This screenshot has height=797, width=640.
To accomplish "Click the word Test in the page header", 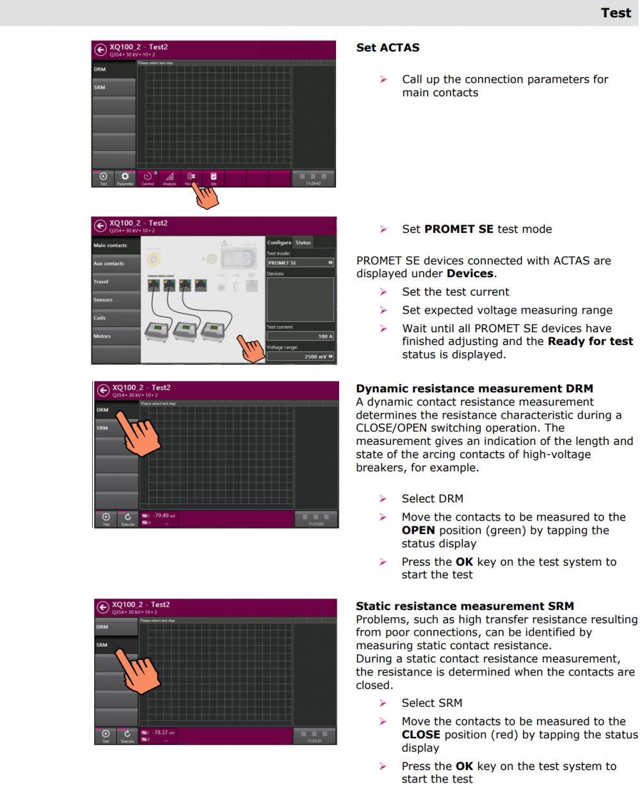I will tap(616, 13).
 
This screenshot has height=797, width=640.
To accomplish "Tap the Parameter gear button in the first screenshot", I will tap(125, 178).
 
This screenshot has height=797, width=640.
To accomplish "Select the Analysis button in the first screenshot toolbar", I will tap(170, 178).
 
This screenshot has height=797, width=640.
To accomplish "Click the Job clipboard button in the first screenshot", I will tap(214, 178).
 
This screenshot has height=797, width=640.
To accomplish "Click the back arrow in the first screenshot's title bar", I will tap(100, 50).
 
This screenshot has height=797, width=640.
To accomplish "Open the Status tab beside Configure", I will tap(303, 243).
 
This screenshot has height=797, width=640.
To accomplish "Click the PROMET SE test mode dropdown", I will tap(300, 262).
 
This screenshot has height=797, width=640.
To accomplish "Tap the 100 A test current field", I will tap(300, 336).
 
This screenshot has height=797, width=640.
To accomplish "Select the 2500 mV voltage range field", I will tap(300, 357).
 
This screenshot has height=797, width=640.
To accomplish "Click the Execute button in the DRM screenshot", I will tap(128, 519).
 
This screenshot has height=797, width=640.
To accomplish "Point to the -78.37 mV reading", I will tap(160, 732).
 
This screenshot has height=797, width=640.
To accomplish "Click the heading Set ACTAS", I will tap(388, 47).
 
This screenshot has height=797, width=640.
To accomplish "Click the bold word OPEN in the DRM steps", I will tap(419, 531).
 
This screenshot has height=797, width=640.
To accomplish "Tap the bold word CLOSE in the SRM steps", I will tap(421, 735).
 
